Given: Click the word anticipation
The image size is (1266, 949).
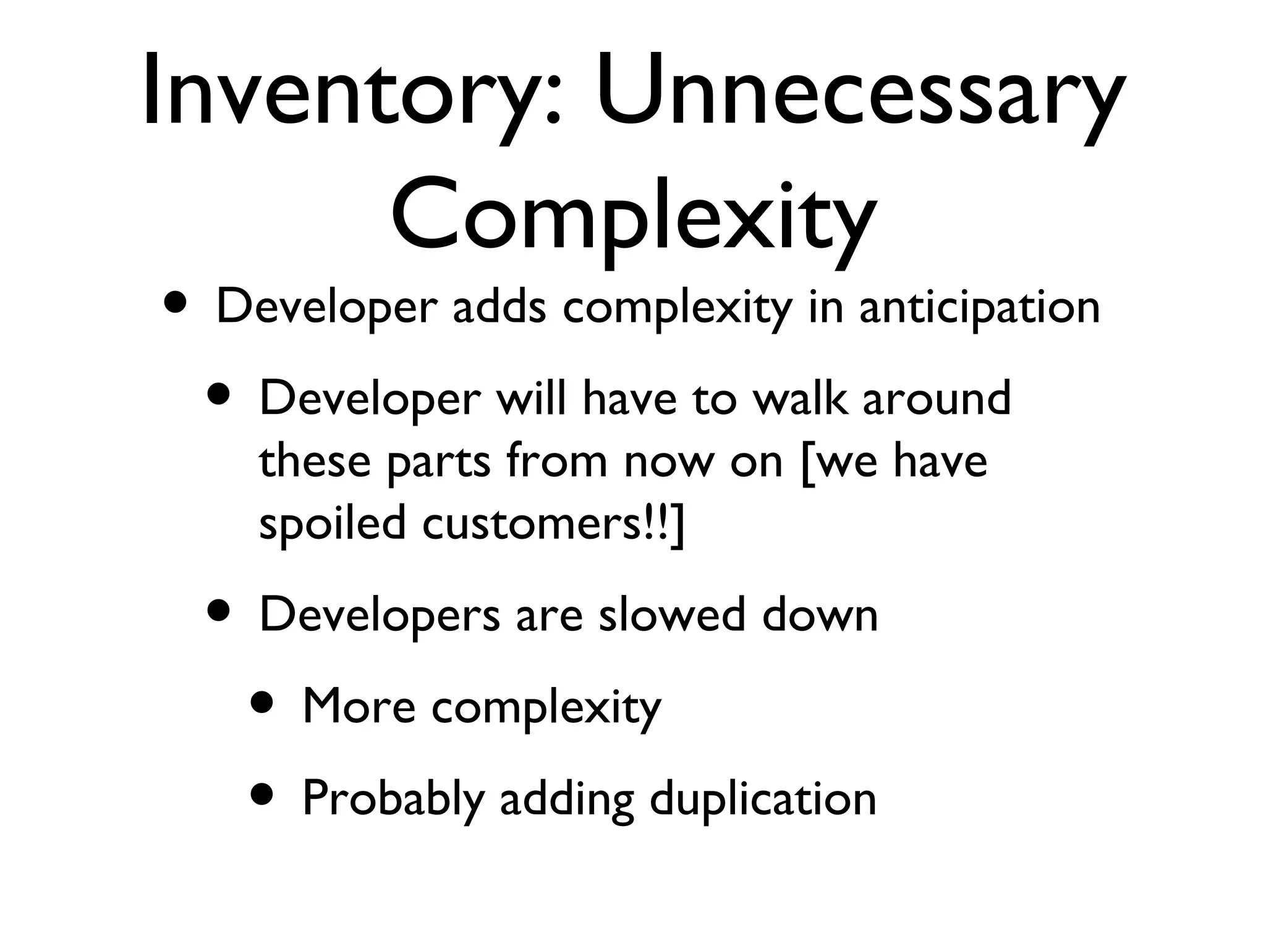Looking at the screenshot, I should click(979, 308).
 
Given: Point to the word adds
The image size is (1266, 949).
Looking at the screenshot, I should click(499, 307).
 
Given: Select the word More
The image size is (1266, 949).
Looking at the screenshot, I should click(359, 706).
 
